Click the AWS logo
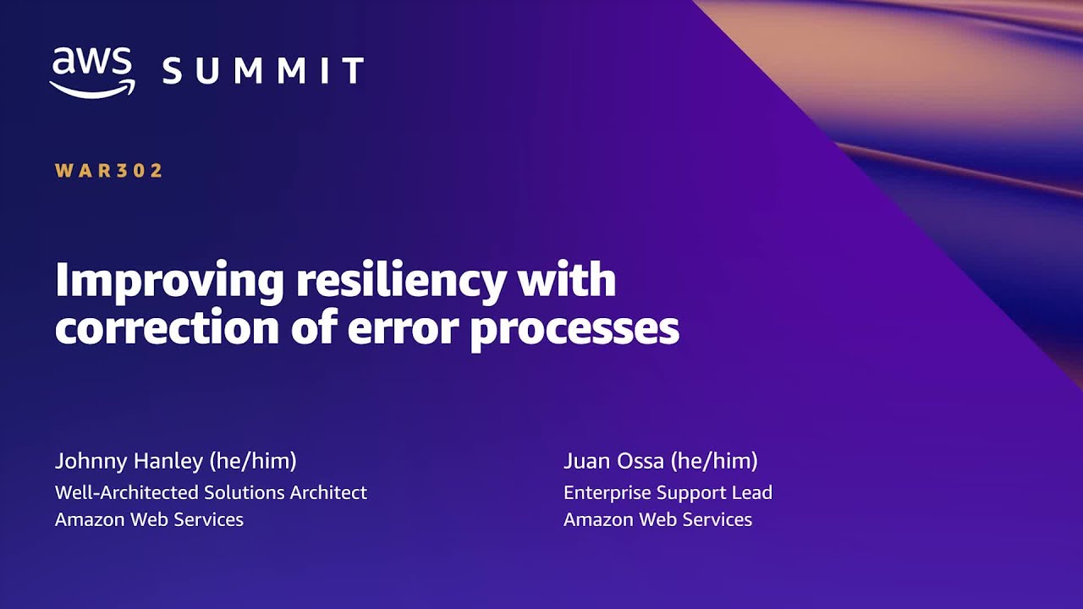[92, 71]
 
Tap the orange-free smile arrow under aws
[92, 89]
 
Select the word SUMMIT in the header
[263, 71]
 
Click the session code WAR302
[109, 171]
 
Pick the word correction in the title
[167, 328]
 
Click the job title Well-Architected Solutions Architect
[211, 492]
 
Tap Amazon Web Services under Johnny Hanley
[149, 519]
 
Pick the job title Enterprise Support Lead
[668, 492]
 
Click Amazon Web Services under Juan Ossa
[657, 519]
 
